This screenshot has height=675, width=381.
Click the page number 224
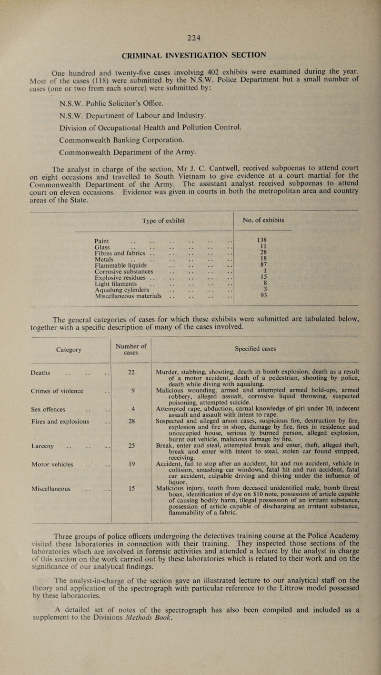tap(190, 27)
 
